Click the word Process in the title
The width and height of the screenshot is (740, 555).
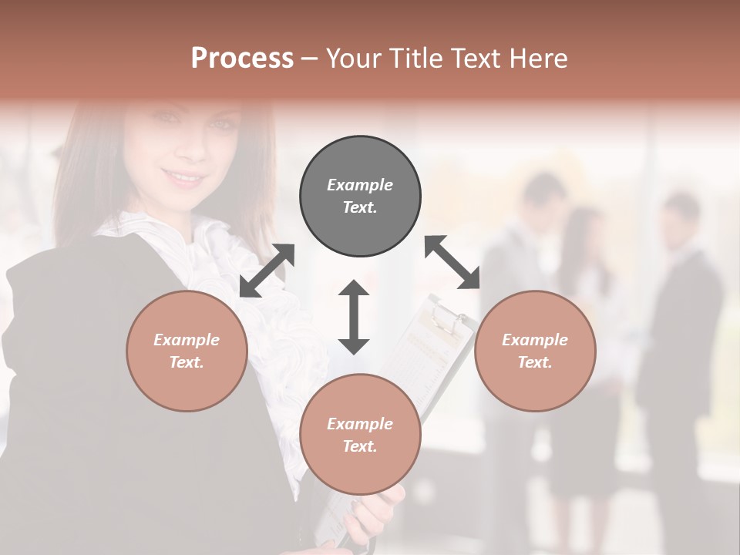pyautogui.click(x=242, y=59)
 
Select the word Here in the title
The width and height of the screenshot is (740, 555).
pyautogui.click(x=538, y=59)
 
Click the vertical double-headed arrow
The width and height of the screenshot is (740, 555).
pyautogui.click(x=354, y=317)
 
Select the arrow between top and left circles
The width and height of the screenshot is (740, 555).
pyautogui.click(x=267, y=271)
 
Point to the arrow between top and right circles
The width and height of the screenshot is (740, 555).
pyautogui.click(x=452, y=262)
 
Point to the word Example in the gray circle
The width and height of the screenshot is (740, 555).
pyautogui.click(x=360, y=185)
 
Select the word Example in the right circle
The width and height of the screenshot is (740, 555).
pyautogui.click(x=535, y=340)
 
